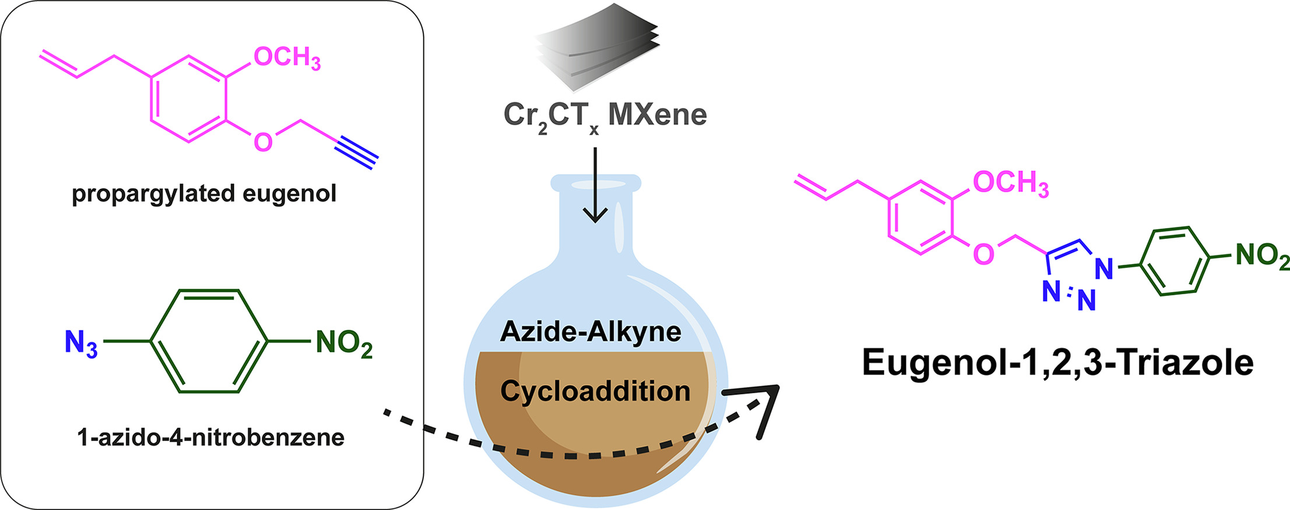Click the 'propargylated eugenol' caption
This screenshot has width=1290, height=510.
pos(204,194)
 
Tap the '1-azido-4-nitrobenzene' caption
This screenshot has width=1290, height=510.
pos(210,437)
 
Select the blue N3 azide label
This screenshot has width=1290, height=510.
pos(80,343)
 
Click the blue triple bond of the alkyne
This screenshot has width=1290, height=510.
pos(357,153)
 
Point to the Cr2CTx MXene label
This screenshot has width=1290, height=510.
pos(605,115)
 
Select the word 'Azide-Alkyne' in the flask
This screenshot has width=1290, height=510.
pos(590,332)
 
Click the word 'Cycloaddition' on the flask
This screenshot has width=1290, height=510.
pos(595,391)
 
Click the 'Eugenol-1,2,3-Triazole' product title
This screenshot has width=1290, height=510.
pos(1057,363)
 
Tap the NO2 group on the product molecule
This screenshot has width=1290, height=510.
pos(1262,256)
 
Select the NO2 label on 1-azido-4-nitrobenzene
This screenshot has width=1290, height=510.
pos(343,343)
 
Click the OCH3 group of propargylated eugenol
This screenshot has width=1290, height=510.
pos(287,58)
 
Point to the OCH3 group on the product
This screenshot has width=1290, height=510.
pos(1010,183)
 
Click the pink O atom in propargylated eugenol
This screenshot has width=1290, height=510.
pos(263,142)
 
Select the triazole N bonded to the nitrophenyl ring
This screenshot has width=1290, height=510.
pos(1103,269)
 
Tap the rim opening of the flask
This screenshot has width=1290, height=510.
pos(595,185)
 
